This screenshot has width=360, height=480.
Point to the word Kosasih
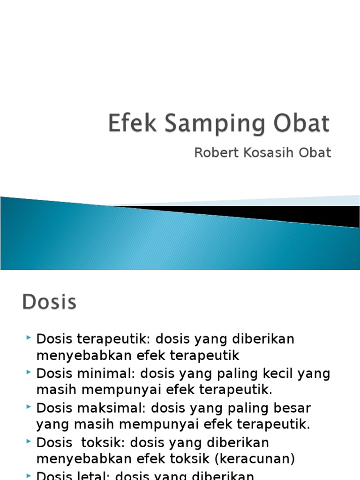pos(263,152)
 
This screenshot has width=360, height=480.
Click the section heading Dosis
pos(49,302)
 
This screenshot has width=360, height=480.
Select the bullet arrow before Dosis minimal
pos(30,372)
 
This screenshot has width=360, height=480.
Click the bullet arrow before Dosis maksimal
pos(30,406)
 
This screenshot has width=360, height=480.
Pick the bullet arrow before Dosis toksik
pos(30,441)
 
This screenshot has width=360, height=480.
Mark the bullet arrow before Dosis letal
pos(30,474)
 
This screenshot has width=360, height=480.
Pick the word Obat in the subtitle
pos(317,152)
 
